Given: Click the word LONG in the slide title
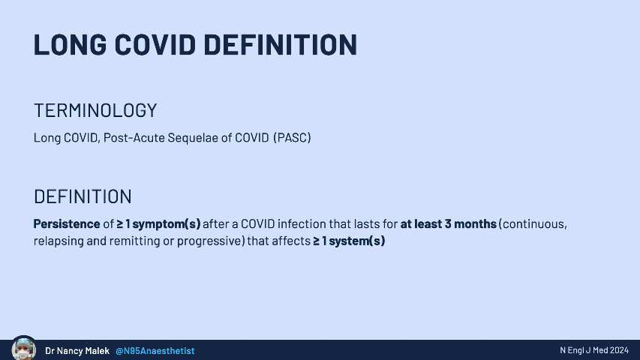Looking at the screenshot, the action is [70, 44].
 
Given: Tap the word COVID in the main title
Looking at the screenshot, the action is [155, 44].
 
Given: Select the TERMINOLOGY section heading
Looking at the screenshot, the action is [95, 110].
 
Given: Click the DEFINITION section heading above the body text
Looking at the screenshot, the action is [83, 196].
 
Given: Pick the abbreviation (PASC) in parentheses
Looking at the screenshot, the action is [293, 137].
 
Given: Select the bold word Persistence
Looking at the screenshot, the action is [67, 223].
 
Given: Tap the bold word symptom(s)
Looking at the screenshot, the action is [167, 224].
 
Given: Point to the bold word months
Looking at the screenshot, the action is [475, 223].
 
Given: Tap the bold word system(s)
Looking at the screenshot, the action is [356, 241].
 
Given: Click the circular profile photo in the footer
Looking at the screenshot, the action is [24, 348].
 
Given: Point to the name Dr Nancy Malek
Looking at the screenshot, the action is [77, 350].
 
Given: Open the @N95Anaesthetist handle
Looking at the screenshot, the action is [155, 350].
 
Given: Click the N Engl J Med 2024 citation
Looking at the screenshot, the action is [594, 350].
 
